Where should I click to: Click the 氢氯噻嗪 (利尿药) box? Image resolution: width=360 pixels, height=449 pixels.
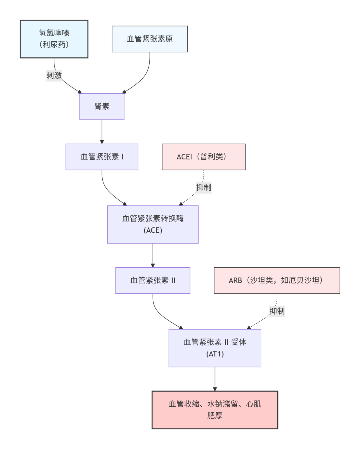click(x=54, y=39)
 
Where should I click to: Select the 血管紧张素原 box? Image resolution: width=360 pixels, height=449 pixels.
click(x=150, y=39)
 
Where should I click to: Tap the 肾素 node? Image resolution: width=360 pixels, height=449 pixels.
click(x=102, y=107)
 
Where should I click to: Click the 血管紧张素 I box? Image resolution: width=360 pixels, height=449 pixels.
click(x=102, y=157)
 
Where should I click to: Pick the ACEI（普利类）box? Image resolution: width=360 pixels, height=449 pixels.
click(x=204, y=157)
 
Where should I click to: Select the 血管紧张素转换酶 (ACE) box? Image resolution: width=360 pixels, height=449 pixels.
click(x=153, y=224)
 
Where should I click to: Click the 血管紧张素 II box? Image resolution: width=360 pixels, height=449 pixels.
click(x=153, y=280)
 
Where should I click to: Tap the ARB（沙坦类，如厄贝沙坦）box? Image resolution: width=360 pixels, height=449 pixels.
click(x=277, y=280)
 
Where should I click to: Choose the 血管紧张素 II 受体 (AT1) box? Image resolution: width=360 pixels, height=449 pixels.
click(x=215, y=348)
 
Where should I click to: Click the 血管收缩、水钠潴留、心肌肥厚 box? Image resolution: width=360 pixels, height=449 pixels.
click(x=215, y=410)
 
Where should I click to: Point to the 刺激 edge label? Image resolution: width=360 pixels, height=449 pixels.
click(x=54, y=76)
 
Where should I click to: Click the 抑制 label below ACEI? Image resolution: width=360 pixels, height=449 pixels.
click(x=204, y=188)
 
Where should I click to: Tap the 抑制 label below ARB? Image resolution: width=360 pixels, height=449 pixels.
click(x=277, y=311)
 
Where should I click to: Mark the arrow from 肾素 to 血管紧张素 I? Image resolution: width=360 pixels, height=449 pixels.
click(x=102, y=132)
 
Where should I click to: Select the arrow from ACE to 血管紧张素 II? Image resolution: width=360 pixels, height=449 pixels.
click(x=153, y=255)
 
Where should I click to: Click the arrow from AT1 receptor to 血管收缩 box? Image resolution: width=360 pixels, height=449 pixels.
click(x=215, y=379)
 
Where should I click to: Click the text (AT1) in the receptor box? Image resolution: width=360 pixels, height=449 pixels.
click(x=215, y=354)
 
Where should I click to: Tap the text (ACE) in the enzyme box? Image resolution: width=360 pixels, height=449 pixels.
click(x=153, y=230)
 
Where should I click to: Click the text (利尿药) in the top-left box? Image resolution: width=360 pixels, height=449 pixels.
click(x=54, y=45)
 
